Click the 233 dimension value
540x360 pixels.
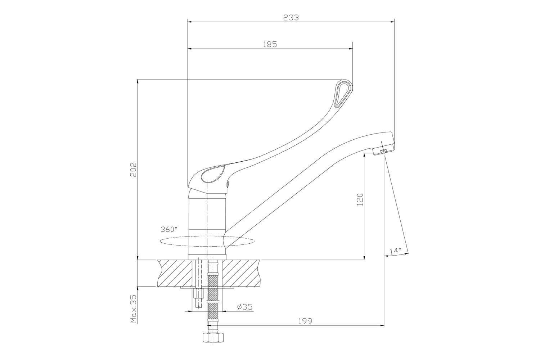click(291, 18)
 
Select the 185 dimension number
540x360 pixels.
click(270, 44)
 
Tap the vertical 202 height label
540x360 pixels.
click(134, 170)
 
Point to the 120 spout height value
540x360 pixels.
click(360, 199)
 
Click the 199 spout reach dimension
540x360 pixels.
click(305, 321)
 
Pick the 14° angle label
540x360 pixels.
click(395, 251)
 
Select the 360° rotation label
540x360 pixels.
click(169, 229)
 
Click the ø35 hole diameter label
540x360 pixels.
click(245, 307)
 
